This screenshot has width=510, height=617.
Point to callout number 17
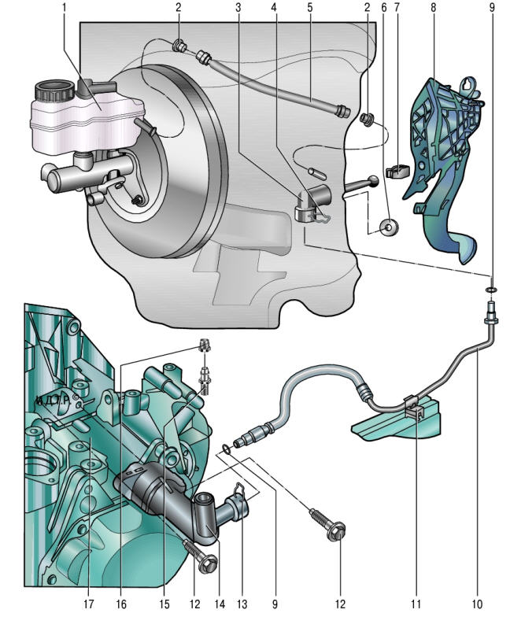tap(92, 604)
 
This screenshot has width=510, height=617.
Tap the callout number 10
tap(477, 604)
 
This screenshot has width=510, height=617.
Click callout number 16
tap(122, 604)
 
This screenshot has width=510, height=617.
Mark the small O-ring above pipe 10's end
tap(491, 290)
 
